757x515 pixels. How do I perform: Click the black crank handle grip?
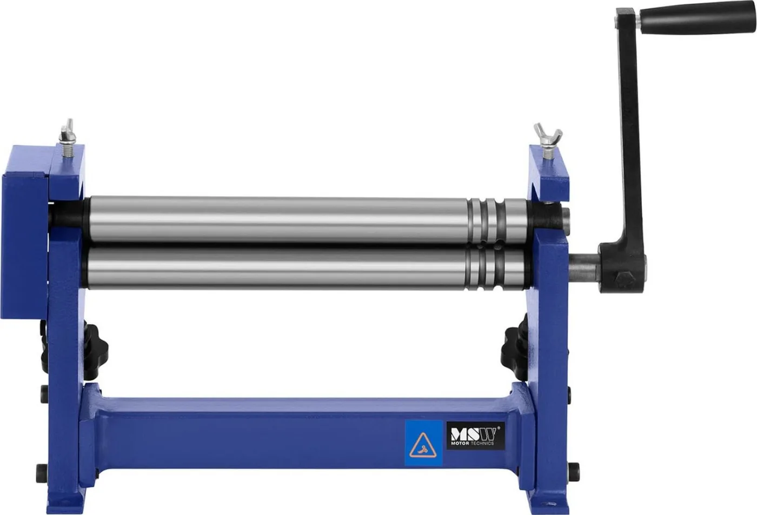(697, 18)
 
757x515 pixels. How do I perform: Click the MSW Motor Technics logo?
(476, 436)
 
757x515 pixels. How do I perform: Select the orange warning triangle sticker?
(423, 446)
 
